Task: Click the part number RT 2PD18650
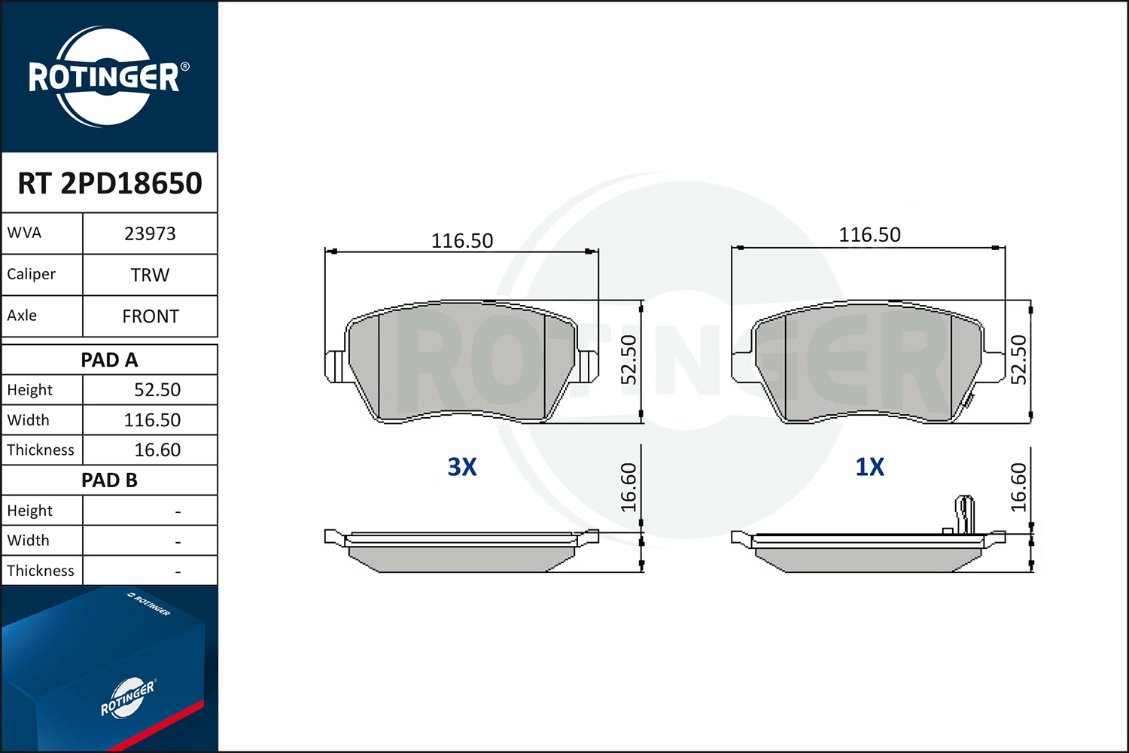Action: point(110,182)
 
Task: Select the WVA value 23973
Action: point(150,233)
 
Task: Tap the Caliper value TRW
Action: point(150,275)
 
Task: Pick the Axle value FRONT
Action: point(151,316)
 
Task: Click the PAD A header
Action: point(109,360)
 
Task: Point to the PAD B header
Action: point(109,480)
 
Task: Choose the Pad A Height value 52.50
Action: point(157,390)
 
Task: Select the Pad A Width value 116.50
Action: point(152,420)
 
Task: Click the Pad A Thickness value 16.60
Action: point(157,450)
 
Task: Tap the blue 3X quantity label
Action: point(461,467)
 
